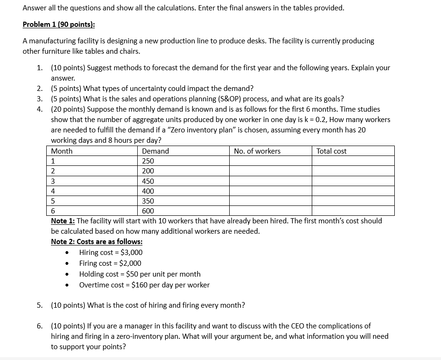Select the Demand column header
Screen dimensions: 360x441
pyautogui.click(x=155, y=151)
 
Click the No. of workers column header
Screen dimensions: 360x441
pyautogui.click(x=257, y=151)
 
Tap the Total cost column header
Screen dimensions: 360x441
pyautogui.click(x=331, y=151)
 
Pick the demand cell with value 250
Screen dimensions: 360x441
pyautogui.click(x=148, y=161)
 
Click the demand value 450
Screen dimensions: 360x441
pyautogui.click(x=148, y=181)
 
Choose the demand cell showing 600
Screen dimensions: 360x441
pyautogui.click(x=148, y=211)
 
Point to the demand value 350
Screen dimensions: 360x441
pyautogui.click(x=148, y=201)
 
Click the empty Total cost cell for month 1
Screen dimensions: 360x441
pyautogui.click(x=353, y=161)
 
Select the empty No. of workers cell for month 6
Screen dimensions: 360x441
pyautogui.click(x=271, y=211)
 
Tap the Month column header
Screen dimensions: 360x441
pyautogui.click(x=62, y=151)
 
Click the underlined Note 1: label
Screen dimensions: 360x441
pyautogui.click(x=63, y=221)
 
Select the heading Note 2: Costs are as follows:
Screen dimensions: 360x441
pyautogui.click(x=97, y=242)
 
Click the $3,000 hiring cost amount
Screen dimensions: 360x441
pyautogui.click(x=132, y=253)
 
